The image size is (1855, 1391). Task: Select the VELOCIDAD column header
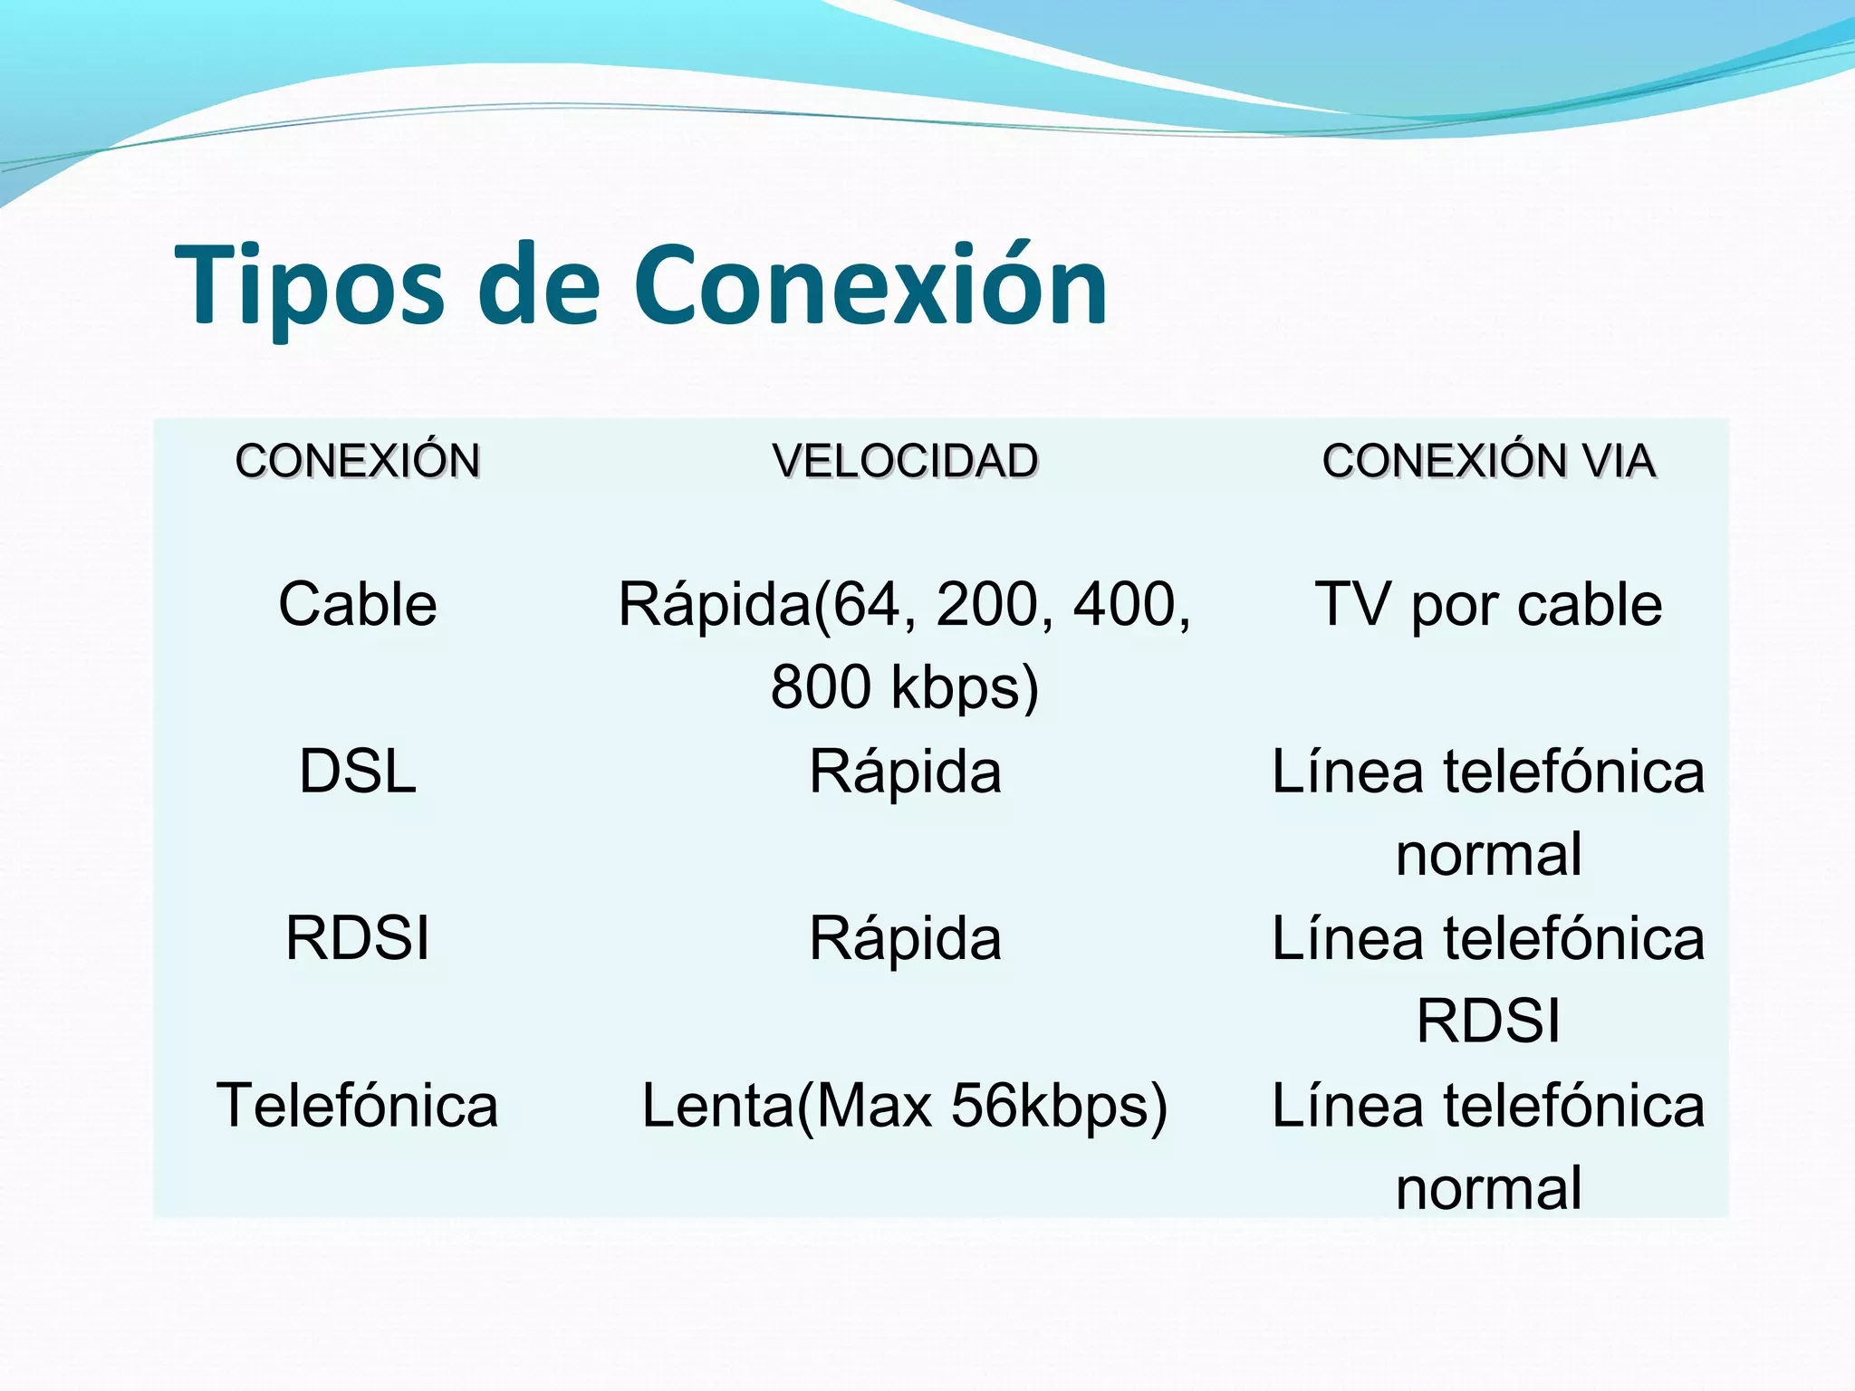tap(904, 461)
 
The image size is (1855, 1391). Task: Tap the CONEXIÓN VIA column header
tap(1488, 461)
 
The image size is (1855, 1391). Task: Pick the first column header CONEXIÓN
tap(358, 461)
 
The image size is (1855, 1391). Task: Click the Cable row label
tap(358, 604)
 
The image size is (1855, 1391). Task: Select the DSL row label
tap(358, 772)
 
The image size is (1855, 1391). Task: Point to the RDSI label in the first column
tap(358, 938)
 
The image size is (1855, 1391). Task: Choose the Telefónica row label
tap(358, 1106)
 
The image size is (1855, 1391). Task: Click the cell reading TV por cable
tap(1488, 604)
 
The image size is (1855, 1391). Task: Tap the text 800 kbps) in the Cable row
tap(904, 686)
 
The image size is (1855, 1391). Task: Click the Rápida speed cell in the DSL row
tap(904, 772)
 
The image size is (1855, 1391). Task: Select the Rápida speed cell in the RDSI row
tap(904, 938)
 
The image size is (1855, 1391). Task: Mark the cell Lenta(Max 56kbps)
tap(904, 1106)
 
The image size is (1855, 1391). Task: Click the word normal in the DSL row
tap(1488, 855)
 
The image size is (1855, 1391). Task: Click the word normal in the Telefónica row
tap(1488, 1188)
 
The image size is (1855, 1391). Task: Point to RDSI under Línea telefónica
tap(1488, 1021)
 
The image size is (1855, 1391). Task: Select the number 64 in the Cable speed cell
tap(868, 604)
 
